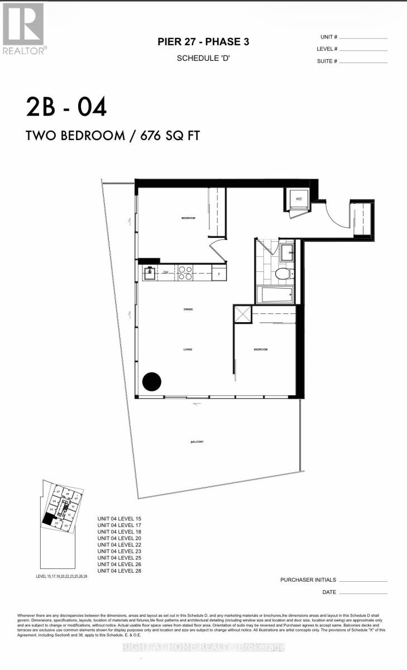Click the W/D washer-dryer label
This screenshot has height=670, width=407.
pyautogui.click(x=299, y=198)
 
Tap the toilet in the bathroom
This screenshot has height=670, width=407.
pyautogui.click(x=284, y=274)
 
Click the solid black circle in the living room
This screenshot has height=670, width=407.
pyautogui.click(x=151, y=382)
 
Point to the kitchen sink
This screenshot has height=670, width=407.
pyautogui.click(x=150, y=273)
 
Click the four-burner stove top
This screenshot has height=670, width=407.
pyautogui.click(x=185, y=272)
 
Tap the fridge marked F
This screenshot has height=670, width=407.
pyautogui.click(x=219, y=274)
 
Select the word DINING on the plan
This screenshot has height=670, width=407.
pyautogui.click(x=188, y=309)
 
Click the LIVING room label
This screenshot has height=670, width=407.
pyautogui.click(x=188, y=350)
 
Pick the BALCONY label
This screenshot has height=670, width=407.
pyautogui.click(x=196, y=442)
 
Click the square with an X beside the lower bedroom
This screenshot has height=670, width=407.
pyautogui.click(x=243, y=314)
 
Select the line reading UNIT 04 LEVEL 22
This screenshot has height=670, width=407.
pyautogui.click(x=119, y=544)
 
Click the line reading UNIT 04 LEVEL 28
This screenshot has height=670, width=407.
pyautogui.click(x=119, y=571)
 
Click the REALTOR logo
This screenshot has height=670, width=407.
pyautogui.click(x=23, y=28)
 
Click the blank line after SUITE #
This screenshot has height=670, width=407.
pyautogui.click(x=363, y=61)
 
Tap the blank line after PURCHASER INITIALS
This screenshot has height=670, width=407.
pyautogui.click(x=363, y=581)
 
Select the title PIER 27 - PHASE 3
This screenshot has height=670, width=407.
pyautogui.click(x=203, y=42)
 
